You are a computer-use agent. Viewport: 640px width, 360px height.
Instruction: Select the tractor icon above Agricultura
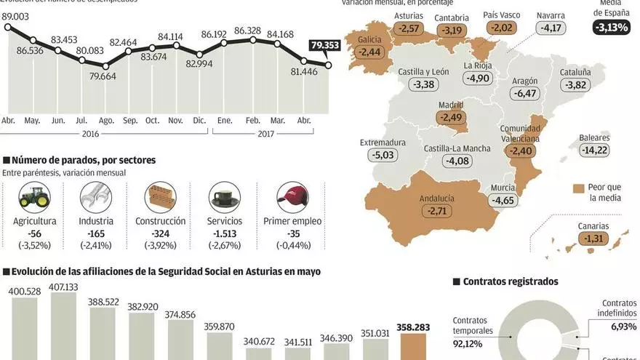point(34,196)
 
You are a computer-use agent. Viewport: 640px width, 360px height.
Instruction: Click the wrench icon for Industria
point(96,196)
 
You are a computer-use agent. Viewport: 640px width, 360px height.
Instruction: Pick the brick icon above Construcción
point(160,196)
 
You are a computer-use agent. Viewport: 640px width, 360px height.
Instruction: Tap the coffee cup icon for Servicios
point(225,196)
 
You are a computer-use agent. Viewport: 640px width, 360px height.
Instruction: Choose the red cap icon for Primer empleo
point(292,196)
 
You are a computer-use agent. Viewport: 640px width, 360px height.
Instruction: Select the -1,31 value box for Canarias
point(592,239)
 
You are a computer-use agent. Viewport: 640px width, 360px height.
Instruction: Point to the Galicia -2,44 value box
point(369,52)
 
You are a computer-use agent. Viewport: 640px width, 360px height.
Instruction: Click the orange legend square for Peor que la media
point(580,187)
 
